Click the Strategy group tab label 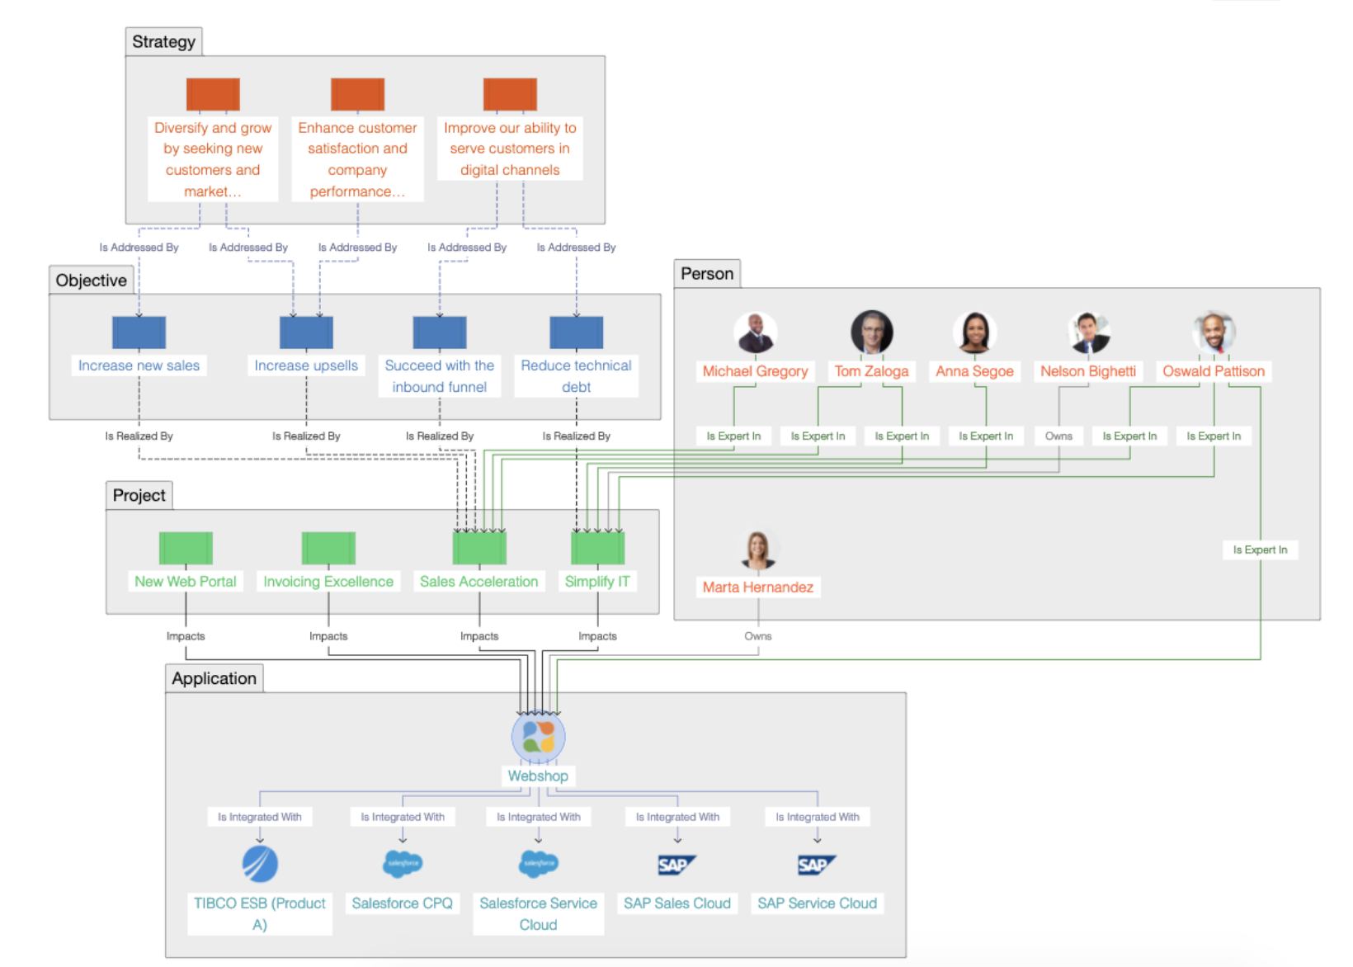pyautogui.click(x=163, y=42)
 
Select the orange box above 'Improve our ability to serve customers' pyautogui.click(x=510, y=94)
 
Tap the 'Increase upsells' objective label pyautogui.click(x=306, y=366)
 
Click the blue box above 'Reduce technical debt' pyautogui.click(x=576, y=333)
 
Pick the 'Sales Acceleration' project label pyautogui.click(x=478, y=582)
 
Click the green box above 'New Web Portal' pyautogui.click(x=186, y=548)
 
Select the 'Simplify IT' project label pyautogui.click(x=597, y=582)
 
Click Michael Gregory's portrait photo pyautogui.click(x=755, y=333)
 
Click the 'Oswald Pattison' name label pyautogui.click(x=1213, y=371)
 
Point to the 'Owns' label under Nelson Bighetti pyautogui.click(x=1058, y=436)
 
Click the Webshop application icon pyautogui.click(x=538, y=737)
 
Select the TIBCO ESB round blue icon pyautogui.click(x=260, y=864)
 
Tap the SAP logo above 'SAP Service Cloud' pyautogui.click(x=817, y=865)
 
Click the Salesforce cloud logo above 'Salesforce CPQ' pyautogui.click(x=403, y=863)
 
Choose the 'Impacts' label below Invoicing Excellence pyautogui.click(x=328, y=636)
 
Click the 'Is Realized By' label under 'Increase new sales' pyautogui.click(x=139, y=436)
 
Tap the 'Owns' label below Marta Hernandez pyautogui.click(x=757, y=636)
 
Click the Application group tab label pyautogui.click(x=214, y=679)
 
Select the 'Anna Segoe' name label pyautogui.click(x=974, y=371)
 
